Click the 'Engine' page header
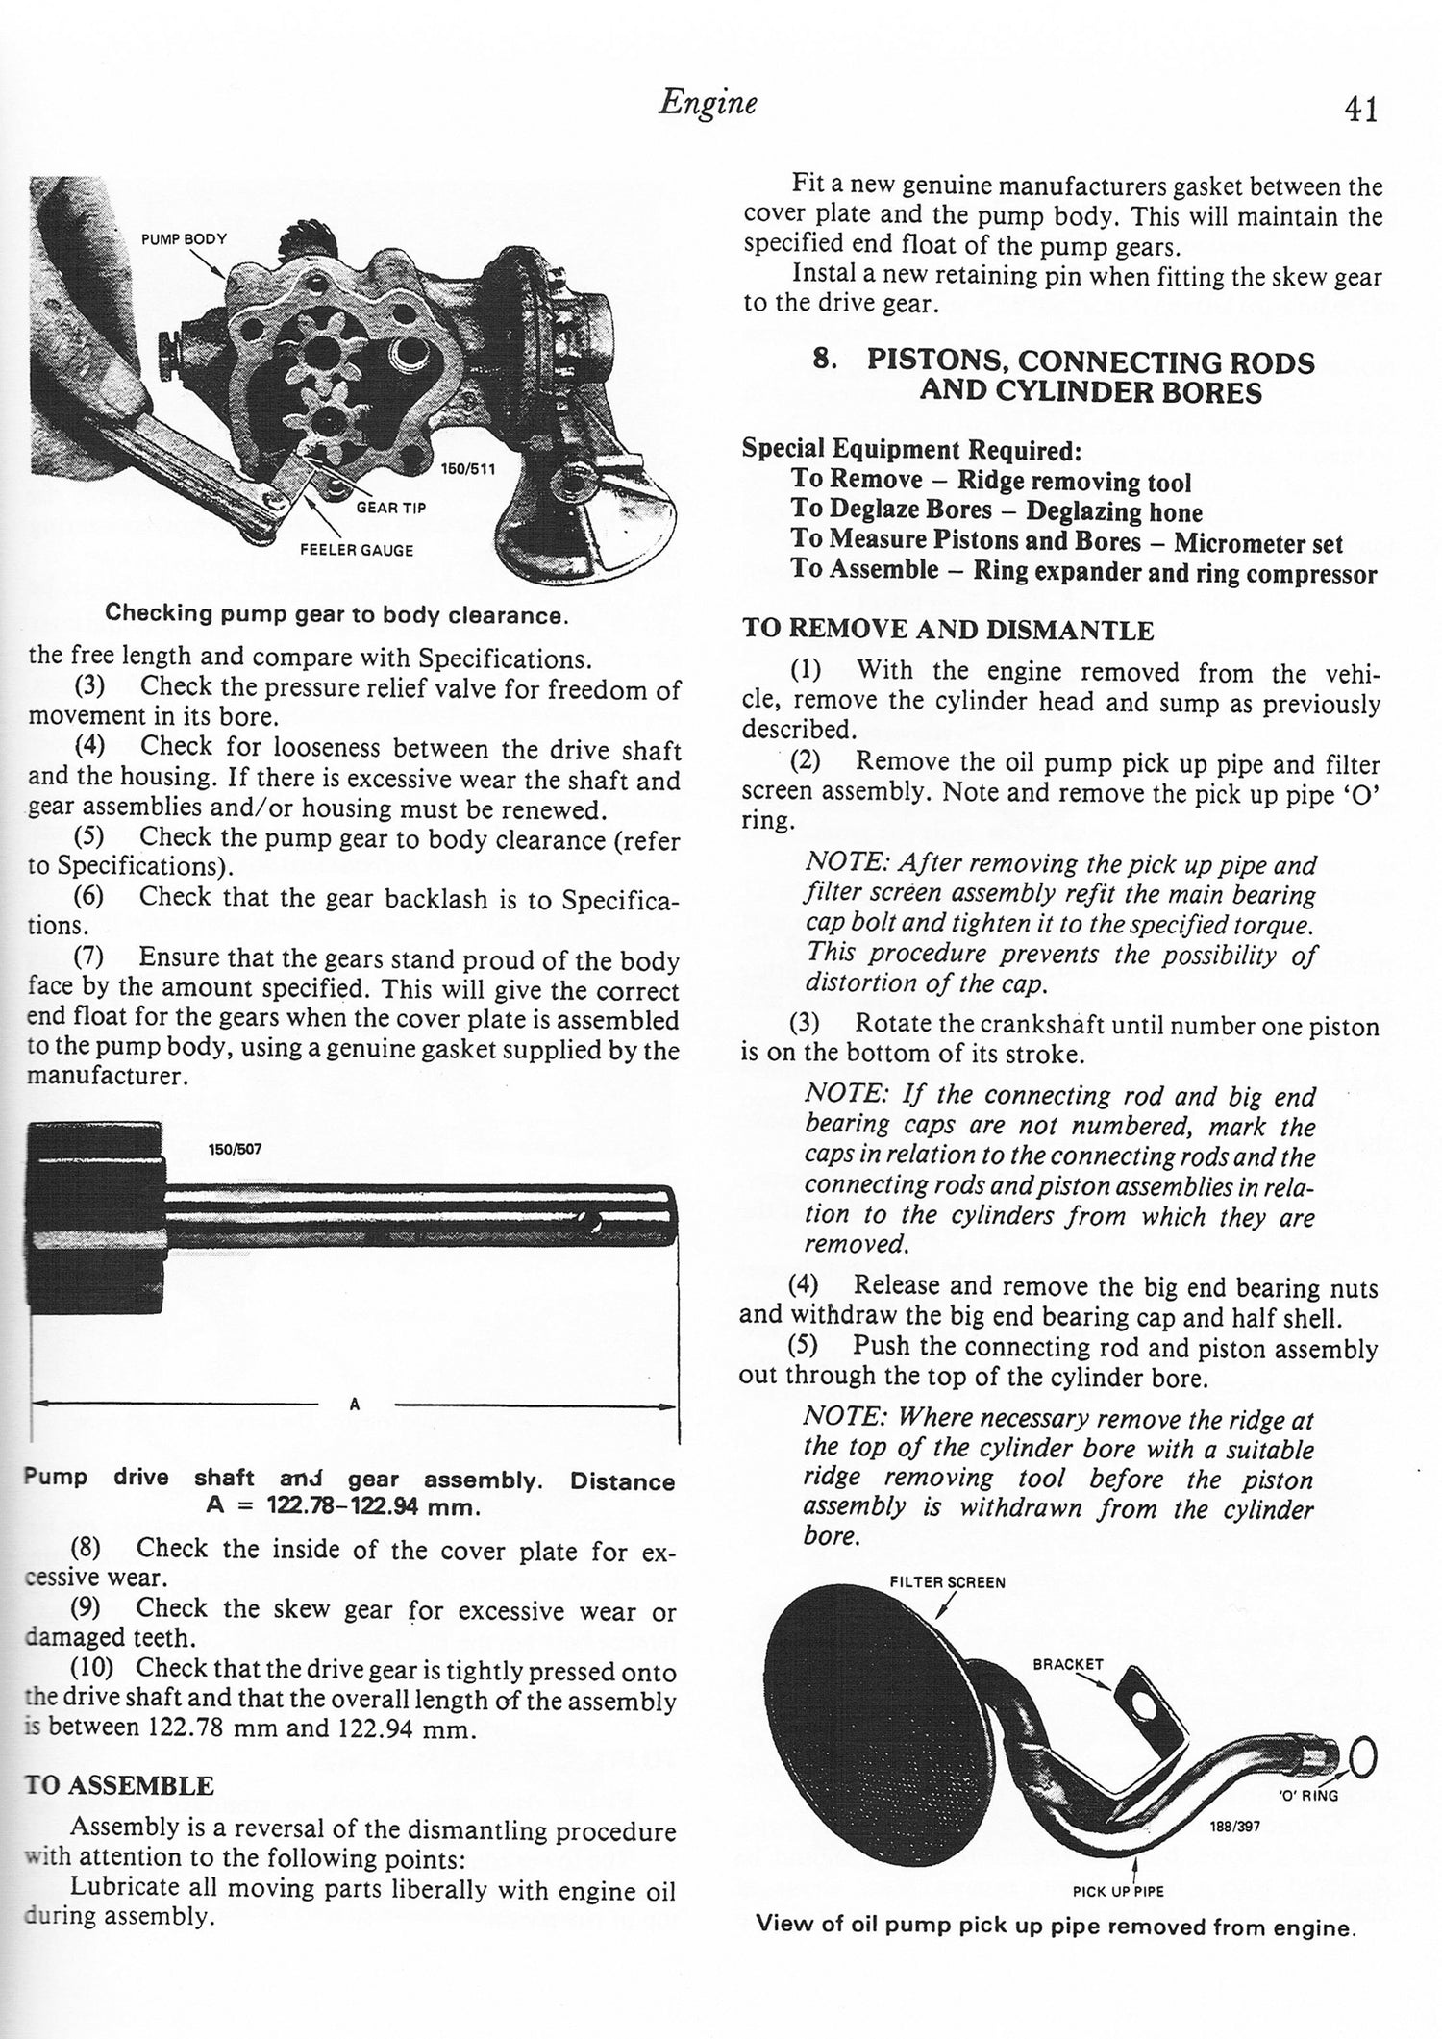[x=707, y=103]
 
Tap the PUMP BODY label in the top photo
[x=184, y=238]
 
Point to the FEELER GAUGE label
[x=357, y=550]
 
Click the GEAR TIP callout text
[x=391, y=507]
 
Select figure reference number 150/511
[x=468, y=469]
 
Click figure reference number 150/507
[x=234, y=1148]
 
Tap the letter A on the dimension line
[x=354, y=1404]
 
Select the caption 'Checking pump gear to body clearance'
[x=336, y=613]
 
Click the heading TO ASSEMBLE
[x=118, y=1786]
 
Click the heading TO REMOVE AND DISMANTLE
[x=947, y=631]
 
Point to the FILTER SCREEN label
[x=947, y=1581]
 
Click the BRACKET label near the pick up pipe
[x=1068, y=1664]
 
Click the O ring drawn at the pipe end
[x=1363, y=1760]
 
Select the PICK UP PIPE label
[x=1118, y=1891]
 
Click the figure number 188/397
[x=1233, y=1827]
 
